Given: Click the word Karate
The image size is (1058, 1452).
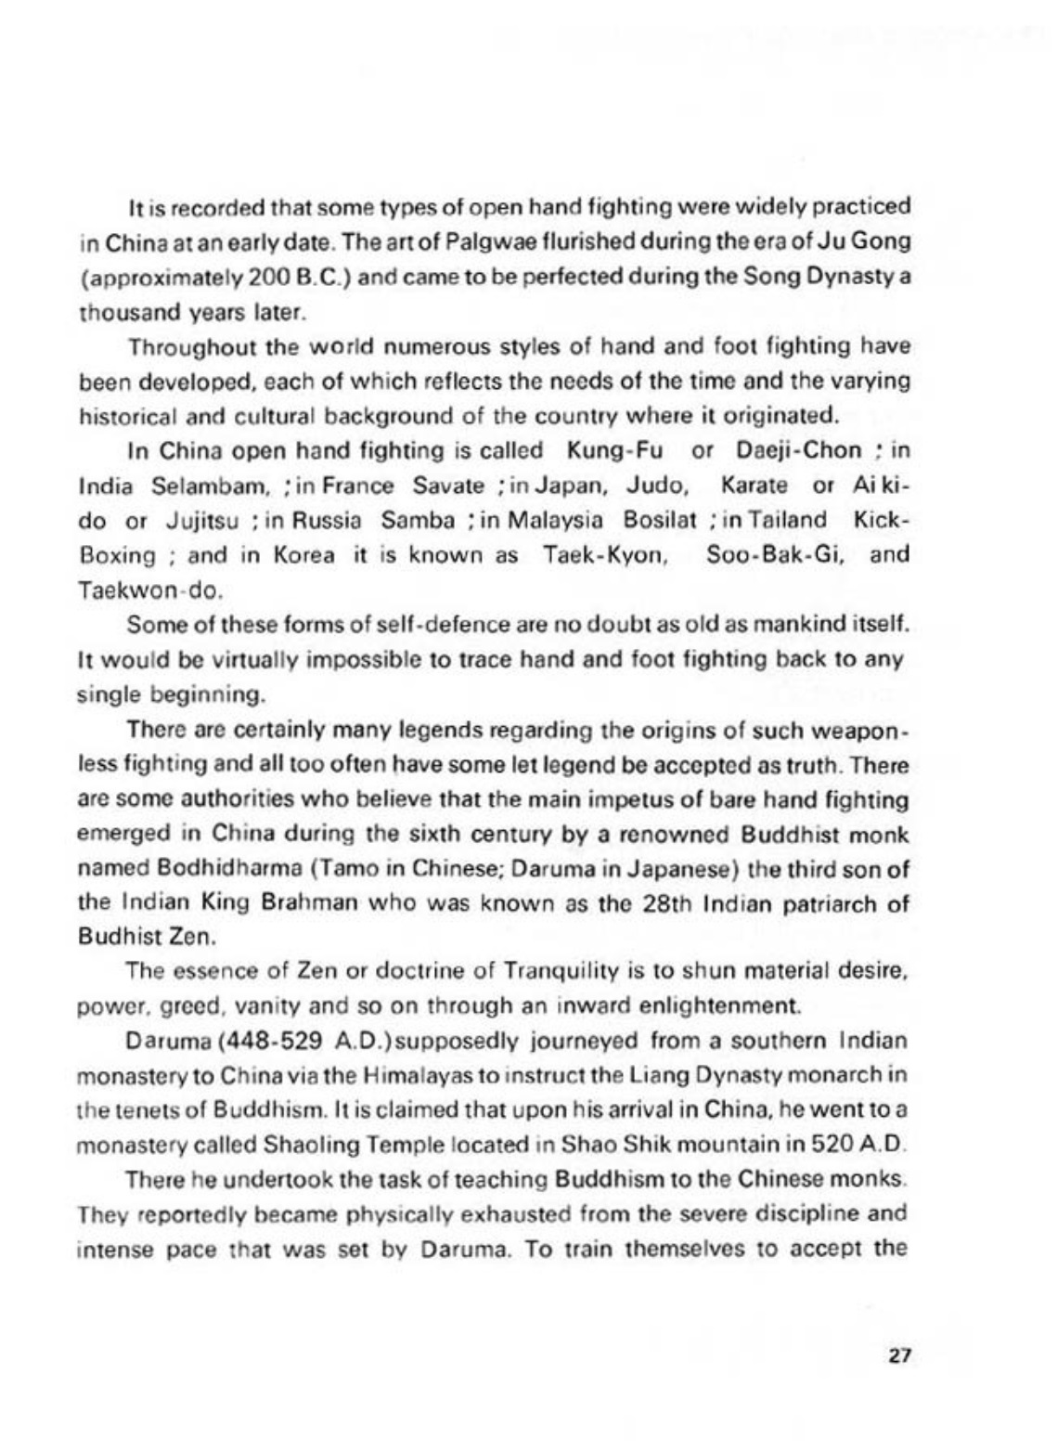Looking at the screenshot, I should pyautogui.click(x=754, y=486).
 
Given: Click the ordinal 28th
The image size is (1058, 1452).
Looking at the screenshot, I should pyautogui.click(x=665, y=903).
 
